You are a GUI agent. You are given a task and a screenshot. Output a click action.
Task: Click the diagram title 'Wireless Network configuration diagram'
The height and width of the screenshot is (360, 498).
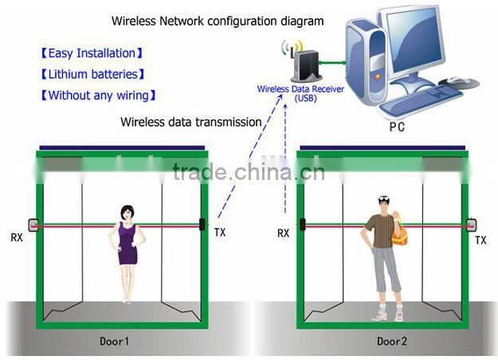217,21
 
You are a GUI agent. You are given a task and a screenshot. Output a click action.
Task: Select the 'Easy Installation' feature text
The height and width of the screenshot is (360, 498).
92,53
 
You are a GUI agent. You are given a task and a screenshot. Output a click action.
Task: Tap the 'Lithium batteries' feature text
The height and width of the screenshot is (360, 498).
92,74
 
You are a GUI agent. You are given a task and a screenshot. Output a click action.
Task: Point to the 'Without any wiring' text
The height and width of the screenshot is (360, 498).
97,96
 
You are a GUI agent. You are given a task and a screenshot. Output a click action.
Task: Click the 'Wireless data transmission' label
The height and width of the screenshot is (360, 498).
190,122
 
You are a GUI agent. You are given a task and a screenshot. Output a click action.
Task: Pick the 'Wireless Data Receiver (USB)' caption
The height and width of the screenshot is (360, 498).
300,93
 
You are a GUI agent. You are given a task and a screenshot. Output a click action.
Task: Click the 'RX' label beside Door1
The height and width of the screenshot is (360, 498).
17,237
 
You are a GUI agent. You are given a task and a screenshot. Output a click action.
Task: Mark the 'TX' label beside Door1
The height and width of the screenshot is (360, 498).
220,233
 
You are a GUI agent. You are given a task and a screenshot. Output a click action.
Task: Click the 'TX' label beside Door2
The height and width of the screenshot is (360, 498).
480,240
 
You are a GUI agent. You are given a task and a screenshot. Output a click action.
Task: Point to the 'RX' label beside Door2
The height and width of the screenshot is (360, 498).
283,233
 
